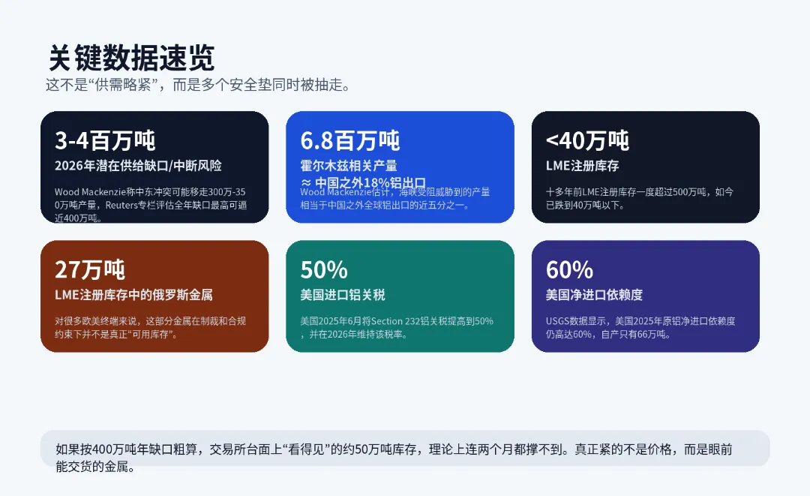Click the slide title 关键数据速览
[131, 58]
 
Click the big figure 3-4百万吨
[105, 140]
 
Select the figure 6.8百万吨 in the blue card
[350, 140]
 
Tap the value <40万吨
[587, 140]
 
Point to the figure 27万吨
[90, 269]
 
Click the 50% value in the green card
[324, 269]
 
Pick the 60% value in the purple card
[569, 269]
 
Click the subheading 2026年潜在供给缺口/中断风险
[138, 165]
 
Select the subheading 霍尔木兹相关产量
[349, 165]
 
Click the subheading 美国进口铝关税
[343, 295]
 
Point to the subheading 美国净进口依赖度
[594, 295]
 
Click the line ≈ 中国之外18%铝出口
[363, 182]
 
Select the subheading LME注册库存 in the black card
[582, 165]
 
